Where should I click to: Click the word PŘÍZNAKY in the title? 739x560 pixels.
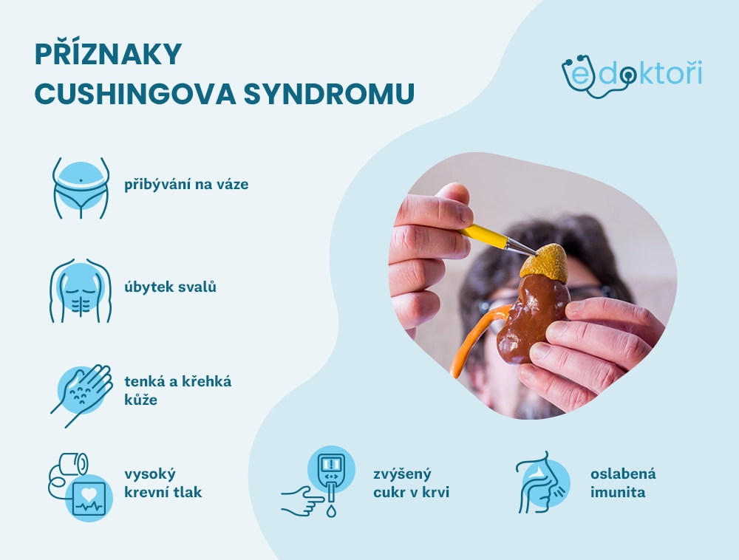click(109, 54)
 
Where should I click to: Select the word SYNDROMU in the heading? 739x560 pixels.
click(329, 94)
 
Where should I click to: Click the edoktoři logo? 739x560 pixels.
click(632, 75)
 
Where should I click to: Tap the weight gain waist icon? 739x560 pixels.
click(81, 188)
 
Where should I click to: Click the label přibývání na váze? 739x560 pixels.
click(186, 184)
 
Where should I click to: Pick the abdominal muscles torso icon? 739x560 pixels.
click(81, 290)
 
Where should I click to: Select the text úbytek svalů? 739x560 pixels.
click(170, 287)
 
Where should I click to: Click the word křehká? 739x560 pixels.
click(209, 381)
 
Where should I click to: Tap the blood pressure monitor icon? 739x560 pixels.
click(81, 487)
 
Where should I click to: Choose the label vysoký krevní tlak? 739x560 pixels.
click(163, 482)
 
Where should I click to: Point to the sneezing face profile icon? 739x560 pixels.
click(542, 482)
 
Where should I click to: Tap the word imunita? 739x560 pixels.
click(618, 492)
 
